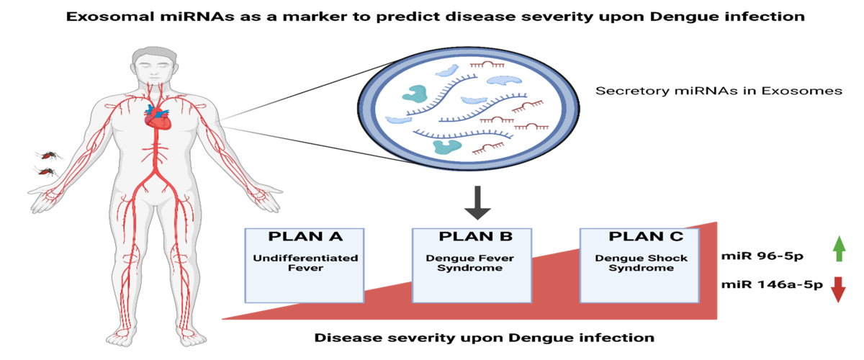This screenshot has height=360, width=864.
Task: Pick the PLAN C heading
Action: (641, 237)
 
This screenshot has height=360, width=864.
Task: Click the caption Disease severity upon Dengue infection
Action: (484, 337)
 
